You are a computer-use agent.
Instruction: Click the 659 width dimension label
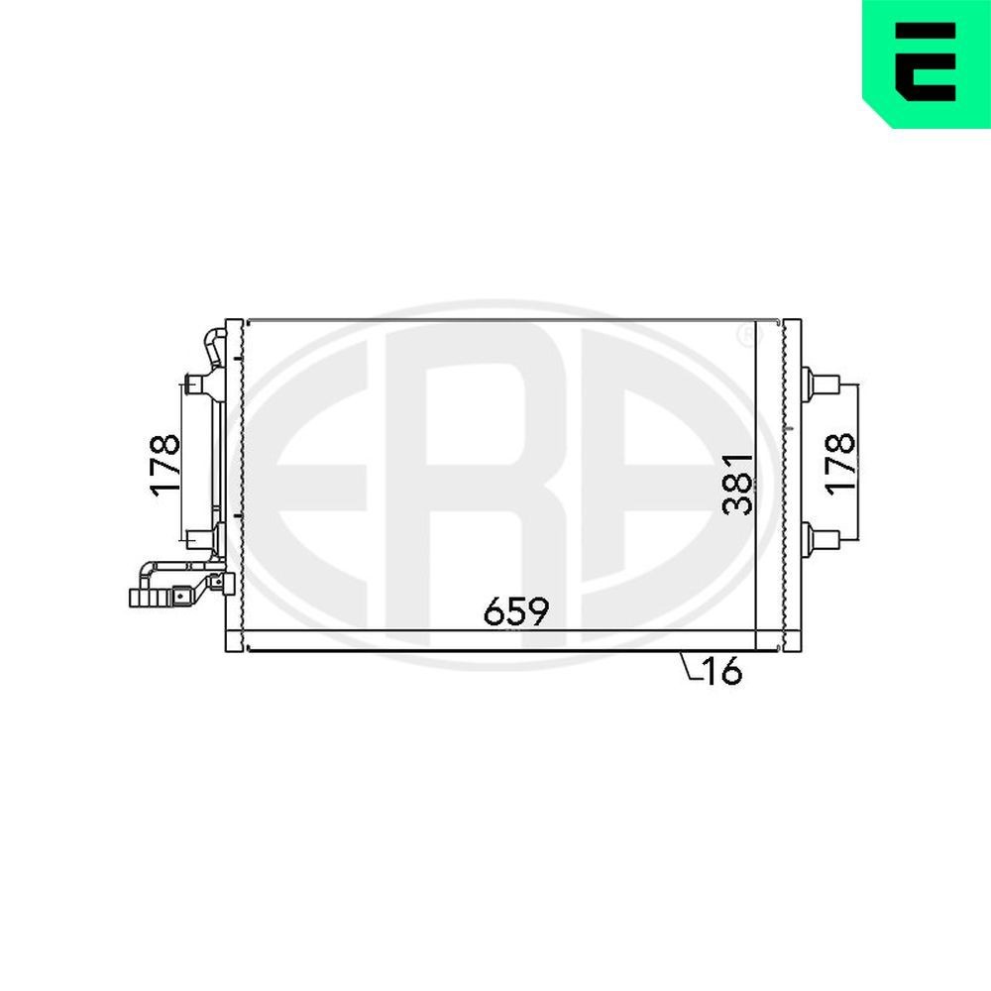[x=515, y=611]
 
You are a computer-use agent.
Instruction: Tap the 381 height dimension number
[x=738, y=483]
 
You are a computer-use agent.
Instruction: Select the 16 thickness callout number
[x=722, y=672]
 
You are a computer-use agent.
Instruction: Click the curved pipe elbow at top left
[x=213, y=348]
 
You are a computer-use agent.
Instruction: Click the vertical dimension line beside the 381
[x=756, y=486]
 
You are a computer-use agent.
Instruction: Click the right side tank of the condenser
[x=791, y=486]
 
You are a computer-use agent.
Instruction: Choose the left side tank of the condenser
[x=234, y=486]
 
